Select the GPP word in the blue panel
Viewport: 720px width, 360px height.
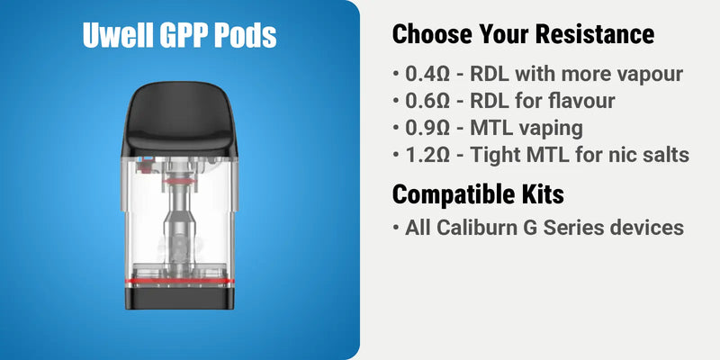tap(186, 34)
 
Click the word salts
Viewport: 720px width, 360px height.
tap(663, 155)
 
